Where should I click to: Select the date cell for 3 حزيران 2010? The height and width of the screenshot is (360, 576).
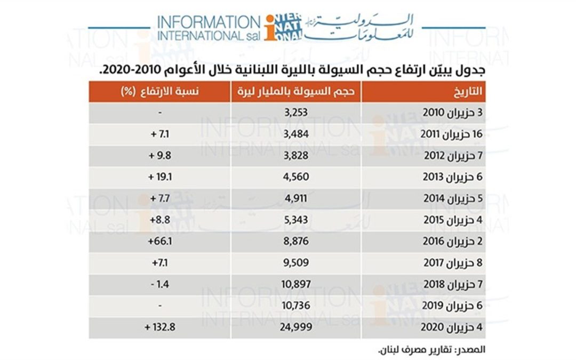pyautogui.click(x=457, y=113)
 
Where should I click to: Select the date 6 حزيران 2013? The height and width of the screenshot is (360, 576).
pyautogui.click(x=457, y=177)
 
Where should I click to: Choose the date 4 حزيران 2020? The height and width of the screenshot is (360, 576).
pyautogui.click(x=457, y=327)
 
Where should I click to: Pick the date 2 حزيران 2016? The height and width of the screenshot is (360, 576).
pyautogui.click(x=457, y=242)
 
